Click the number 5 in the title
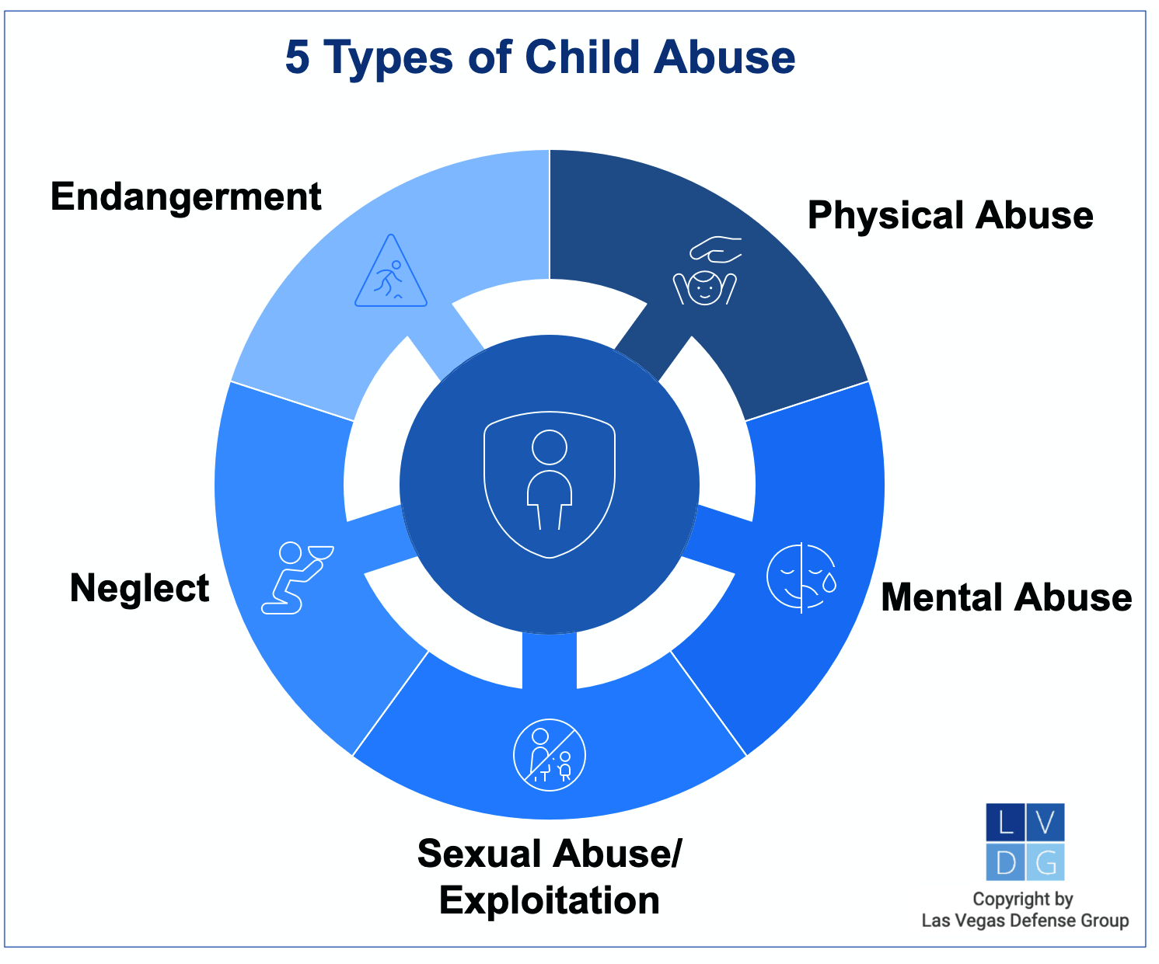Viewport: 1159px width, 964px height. point(297,58)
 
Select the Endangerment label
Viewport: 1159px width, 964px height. point(186,197)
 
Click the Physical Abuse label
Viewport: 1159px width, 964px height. point(950,215)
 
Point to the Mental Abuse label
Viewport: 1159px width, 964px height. point(1006,597)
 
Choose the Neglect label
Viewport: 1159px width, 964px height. point(140,588)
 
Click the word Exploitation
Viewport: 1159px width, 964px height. point(549,900)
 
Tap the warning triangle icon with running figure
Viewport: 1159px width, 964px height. point(391,273)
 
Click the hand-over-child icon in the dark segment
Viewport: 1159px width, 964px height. point(706,272)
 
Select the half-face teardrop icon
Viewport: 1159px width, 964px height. point(801,576)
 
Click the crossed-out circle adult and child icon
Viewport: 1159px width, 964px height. point(550,755)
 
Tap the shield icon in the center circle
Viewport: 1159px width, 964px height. point(550,485)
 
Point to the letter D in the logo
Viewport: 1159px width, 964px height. point(1005,862)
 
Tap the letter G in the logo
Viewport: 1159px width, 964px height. point(1046,862)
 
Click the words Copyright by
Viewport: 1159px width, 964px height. point(1023,900)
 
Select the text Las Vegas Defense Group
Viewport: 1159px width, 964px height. point(1025,921)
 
